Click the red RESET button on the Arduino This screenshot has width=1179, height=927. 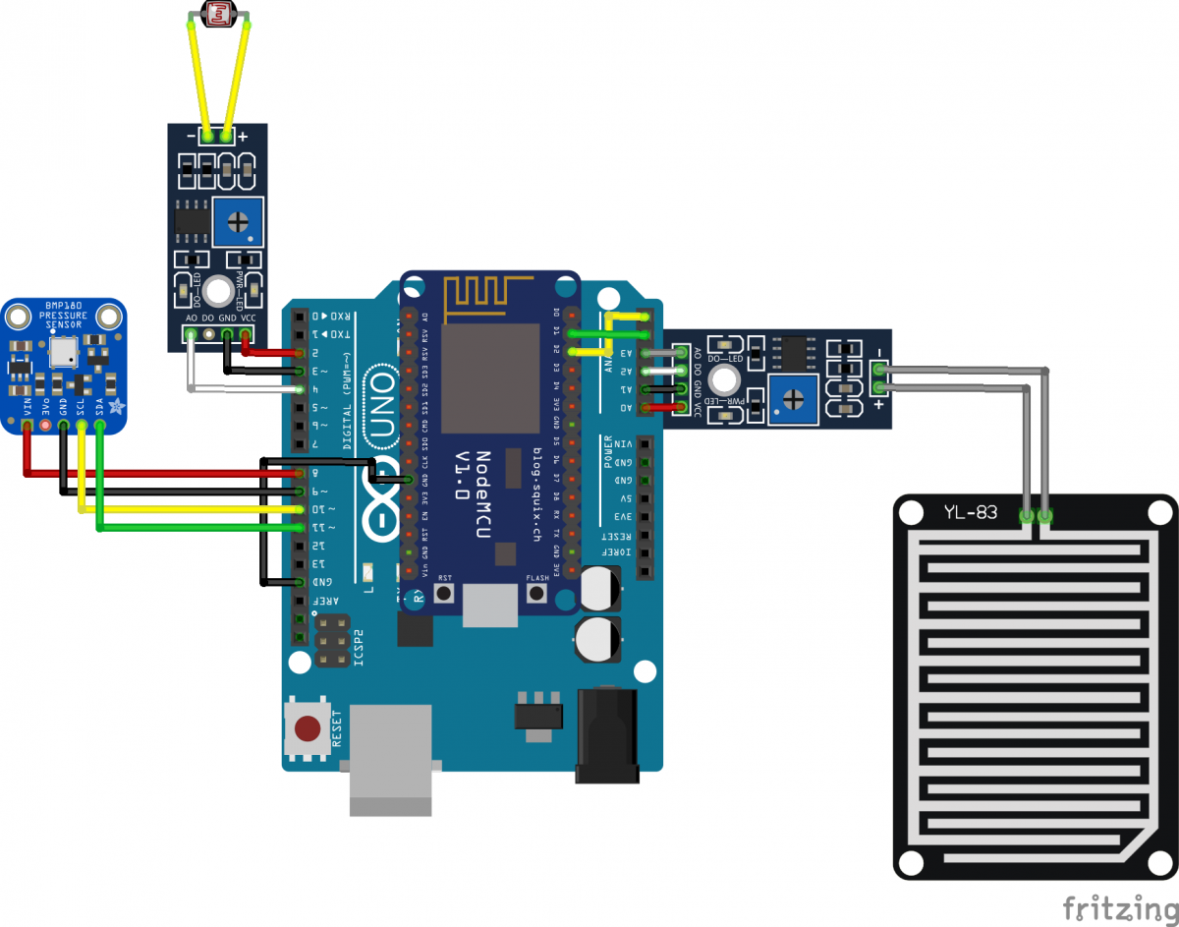click(309, 728)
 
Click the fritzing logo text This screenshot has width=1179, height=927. click(1119, 906)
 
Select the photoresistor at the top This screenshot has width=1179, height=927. click(217, 14)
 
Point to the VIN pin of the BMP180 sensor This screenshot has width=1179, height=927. click(27, 426)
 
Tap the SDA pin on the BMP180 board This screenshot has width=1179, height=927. click(99, 426)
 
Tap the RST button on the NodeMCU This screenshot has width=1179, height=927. click(444, 594)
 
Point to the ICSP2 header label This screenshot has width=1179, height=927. click(358, 648)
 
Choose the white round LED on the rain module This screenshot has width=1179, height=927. click(726, 379)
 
